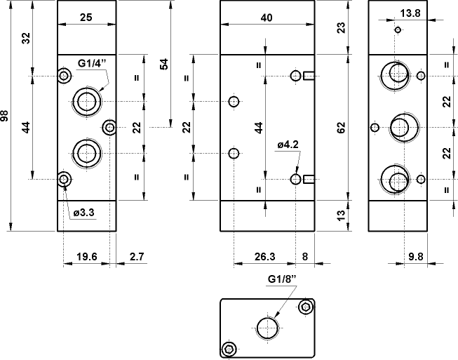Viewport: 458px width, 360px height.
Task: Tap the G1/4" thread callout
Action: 91,64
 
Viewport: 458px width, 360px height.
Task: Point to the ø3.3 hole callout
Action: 84,211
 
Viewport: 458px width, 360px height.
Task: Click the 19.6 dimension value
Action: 87,257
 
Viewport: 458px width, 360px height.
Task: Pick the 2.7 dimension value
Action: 136,257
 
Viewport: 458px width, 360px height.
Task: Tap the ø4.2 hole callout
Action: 288,145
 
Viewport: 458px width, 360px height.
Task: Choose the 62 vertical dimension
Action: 342,128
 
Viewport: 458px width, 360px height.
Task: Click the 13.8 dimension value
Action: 410,13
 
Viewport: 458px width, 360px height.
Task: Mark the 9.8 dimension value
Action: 415,257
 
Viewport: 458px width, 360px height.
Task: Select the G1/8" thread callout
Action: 283,279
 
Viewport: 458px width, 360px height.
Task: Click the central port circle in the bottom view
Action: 268,327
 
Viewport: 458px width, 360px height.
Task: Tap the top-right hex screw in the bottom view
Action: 305,307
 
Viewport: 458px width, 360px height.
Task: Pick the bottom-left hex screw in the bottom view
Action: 228,349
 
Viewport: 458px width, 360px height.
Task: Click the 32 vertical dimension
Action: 26,39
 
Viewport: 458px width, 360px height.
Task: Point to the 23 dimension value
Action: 342,27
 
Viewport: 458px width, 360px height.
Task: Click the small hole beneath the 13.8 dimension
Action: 398,30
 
